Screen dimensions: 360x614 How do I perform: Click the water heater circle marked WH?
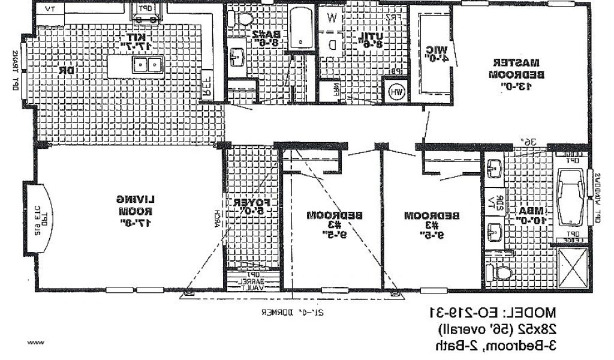396,92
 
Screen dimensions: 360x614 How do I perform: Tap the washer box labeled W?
331,18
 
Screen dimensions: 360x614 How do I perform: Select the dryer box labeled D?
332,43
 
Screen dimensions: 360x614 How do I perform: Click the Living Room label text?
134,211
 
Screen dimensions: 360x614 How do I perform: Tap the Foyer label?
252,207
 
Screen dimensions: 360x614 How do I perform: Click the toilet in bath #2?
243,18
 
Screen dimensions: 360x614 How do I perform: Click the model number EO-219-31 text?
492,312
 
